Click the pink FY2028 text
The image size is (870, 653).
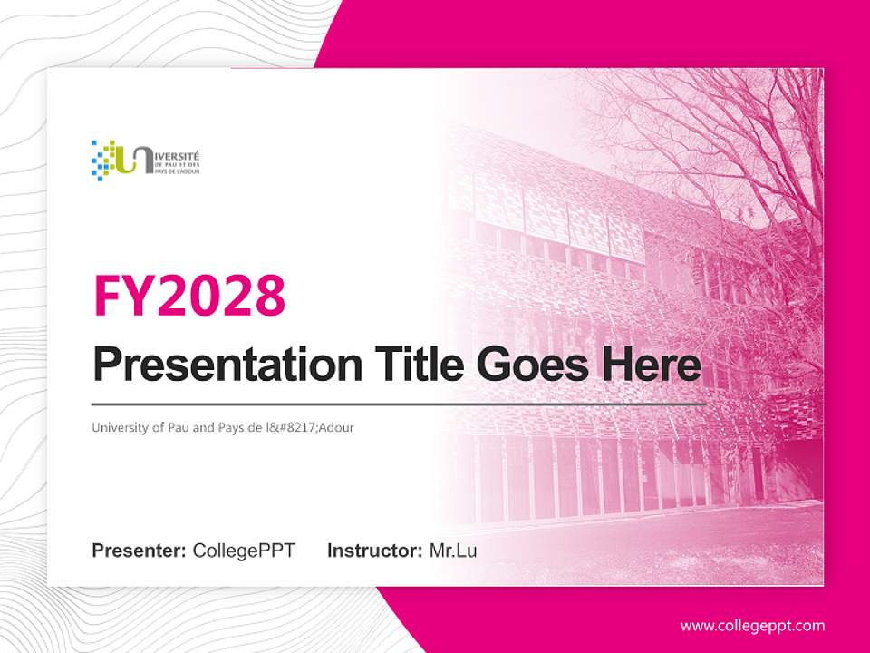[x=189, y=295]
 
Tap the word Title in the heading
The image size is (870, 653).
[x=416, y=365]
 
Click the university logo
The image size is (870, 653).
[x=146, y=160]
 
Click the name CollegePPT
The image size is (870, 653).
[x=244, y=551]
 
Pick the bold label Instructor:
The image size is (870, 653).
[x=374, y=551]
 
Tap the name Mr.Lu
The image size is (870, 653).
[x=453, y=551]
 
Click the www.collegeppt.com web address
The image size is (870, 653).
[x=752, y=626]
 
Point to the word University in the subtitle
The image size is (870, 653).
[x=117, y=427]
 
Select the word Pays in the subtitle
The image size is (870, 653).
[x=227, y=427]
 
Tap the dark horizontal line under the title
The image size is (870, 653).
[x=399, y=404]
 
